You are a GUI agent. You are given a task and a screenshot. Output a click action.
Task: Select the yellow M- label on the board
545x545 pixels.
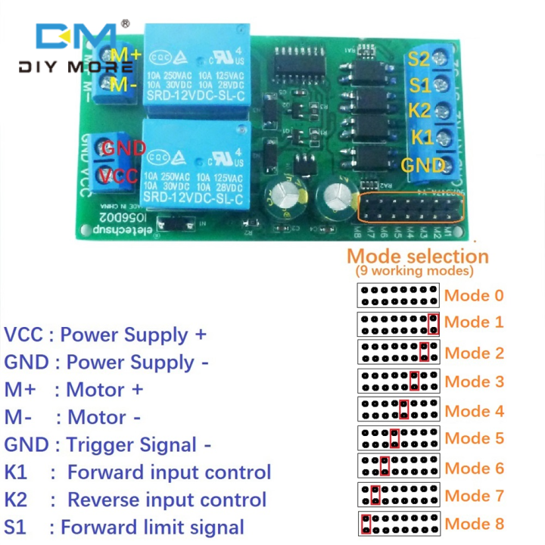point(123,85)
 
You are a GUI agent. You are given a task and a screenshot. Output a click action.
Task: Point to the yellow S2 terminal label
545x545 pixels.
point(419,58)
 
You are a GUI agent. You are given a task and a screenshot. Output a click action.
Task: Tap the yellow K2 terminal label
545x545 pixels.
point(420,111)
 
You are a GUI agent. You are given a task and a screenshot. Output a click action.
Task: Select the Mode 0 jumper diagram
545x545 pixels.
point(398,295)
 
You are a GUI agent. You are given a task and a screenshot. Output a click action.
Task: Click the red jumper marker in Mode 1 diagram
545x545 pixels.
point(433,324)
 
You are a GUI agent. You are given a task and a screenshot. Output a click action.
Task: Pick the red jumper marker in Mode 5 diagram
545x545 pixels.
point(394,438)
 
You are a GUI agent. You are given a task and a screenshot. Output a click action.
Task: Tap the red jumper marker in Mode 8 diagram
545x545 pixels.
point(366,524)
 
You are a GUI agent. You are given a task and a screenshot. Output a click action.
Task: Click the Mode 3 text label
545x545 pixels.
point(474,381)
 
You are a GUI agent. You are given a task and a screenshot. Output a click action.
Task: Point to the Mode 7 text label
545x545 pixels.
point(474,496)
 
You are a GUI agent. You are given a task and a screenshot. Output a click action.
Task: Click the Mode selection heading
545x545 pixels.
point(417,256)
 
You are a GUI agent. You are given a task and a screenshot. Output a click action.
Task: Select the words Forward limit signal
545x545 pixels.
point(151,527)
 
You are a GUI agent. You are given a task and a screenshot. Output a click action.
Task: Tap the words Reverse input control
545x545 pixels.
point(167,500)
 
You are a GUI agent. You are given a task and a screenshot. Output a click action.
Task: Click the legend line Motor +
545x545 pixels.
point(105,390)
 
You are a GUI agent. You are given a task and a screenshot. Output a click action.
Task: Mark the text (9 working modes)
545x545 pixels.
point(415,271)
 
